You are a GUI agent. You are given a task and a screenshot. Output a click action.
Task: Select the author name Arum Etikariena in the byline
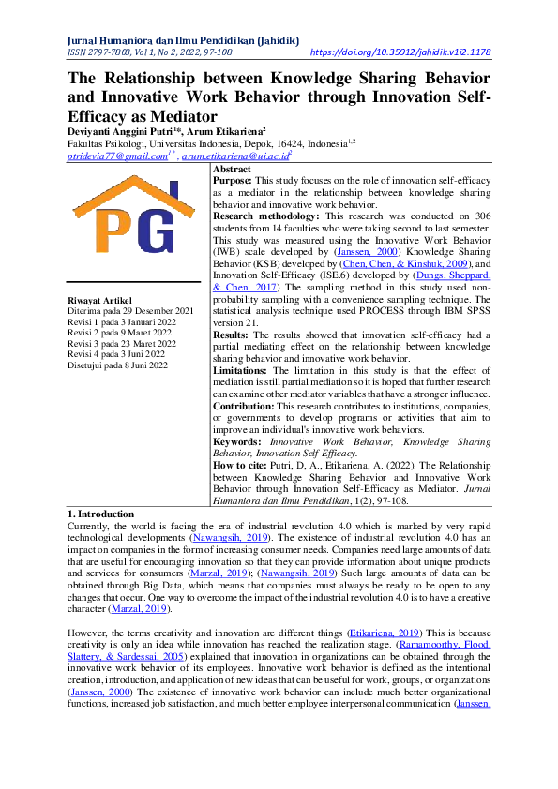pos(224,132)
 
